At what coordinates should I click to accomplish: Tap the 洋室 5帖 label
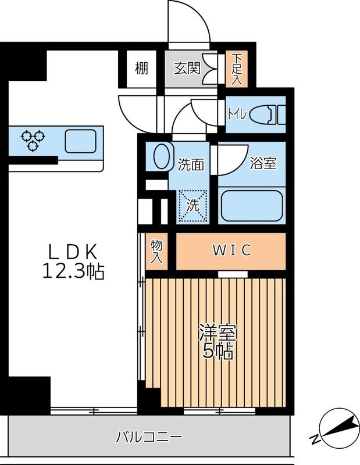coord(216,342)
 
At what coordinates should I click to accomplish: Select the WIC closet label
coord(231,251)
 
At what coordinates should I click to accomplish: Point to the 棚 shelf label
coord(141,69)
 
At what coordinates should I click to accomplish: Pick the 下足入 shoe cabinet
coord(237,68)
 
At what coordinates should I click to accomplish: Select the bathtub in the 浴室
coord(252,205)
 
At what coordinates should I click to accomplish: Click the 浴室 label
coord(262,163)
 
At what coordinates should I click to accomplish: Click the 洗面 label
coord(190,165)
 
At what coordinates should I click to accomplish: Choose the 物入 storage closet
coord(156,251)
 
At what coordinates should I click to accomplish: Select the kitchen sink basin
coord(80,141)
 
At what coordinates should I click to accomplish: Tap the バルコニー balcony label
coord(149,437)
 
